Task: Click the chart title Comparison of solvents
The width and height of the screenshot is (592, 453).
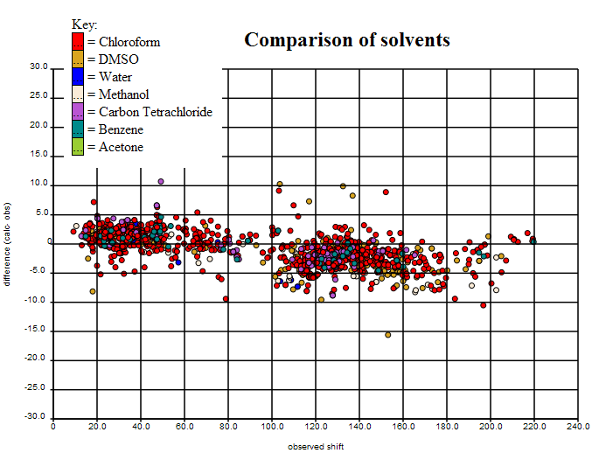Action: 347,40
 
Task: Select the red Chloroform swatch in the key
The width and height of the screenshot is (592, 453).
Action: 78,41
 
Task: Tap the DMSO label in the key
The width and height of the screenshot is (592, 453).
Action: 118,59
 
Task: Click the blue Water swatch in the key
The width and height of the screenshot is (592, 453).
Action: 78,76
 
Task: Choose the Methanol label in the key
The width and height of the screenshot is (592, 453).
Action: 123,94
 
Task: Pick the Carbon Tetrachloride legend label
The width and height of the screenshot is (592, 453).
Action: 156,112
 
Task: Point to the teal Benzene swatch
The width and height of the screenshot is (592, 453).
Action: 78,129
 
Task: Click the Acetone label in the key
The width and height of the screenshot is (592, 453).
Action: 121,147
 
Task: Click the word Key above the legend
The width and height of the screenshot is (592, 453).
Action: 84,24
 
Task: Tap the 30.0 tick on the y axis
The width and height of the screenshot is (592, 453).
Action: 38,66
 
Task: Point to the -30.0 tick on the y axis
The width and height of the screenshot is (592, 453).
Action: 37,417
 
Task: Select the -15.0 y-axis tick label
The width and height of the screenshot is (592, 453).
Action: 37,331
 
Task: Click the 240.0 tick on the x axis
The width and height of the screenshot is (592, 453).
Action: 577,426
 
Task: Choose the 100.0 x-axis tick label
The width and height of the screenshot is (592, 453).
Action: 272,426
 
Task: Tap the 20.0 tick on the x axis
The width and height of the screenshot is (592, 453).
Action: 97,426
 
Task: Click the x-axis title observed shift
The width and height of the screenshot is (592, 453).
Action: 316,447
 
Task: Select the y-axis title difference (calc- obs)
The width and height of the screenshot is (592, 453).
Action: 7,242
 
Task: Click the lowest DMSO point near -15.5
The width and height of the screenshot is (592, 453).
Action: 387,335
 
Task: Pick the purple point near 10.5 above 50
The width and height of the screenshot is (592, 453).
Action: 161,182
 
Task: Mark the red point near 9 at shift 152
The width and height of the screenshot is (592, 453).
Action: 386,192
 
